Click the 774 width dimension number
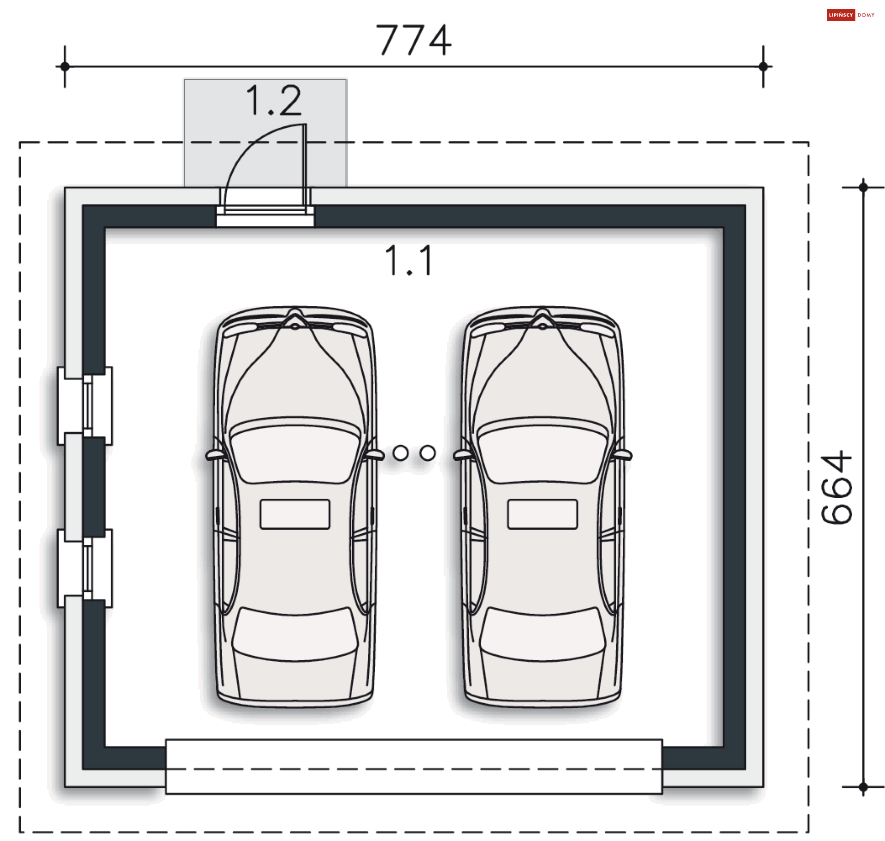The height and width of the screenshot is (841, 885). coord(413,40)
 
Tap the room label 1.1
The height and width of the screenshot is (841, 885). coord(409,260)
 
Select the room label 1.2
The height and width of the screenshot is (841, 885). coord(274,100)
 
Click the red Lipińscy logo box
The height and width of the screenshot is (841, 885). coord(841,15)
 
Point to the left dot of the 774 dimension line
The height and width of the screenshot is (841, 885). coord(65,66)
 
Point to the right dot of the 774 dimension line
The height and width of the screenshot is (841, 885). coord(763,66)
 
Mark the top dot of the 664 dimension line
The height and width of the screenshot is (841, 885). coord(863,187)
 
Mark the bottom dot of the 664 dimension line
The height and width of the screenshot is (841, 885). coord(863,787)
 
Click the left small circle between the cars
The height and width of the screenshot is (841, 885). coord(401,453)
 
